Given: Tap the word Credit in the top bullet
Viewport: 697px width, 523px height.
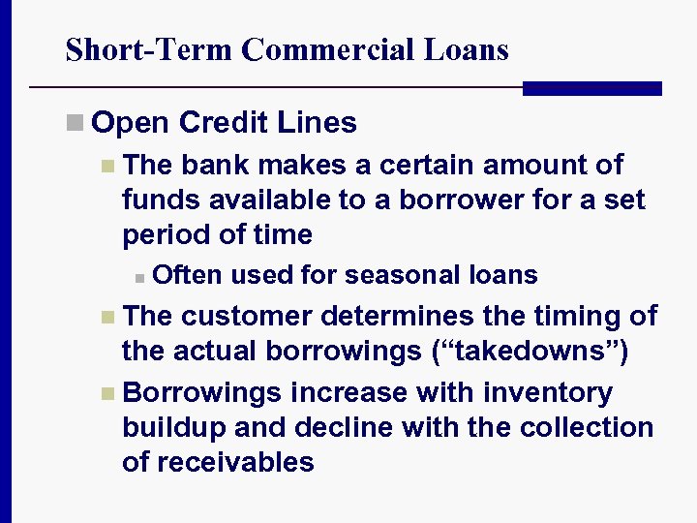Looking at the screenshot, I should [223, 123].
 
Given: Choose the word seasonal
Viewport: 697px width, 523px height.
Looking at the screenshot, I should [399, 275].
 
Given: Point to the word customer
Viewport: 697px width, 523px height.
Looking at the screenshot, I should [246, 316].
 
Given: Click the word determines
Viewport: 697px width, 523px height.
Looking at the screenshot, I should [400, 316].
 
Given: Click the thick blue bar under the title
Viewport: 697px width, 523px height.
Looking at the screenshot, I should [591, 88].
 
